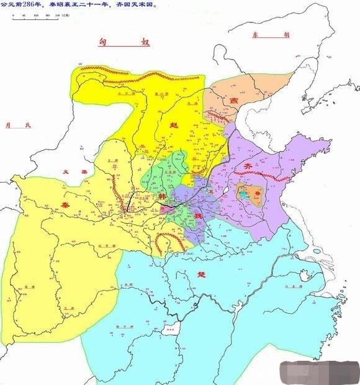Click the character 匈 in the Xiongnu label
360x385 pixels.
[104, 43]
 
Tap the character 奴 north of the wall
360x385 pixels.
[146, 43]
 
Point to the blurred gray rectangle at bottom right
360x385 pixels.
[318, 370]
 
